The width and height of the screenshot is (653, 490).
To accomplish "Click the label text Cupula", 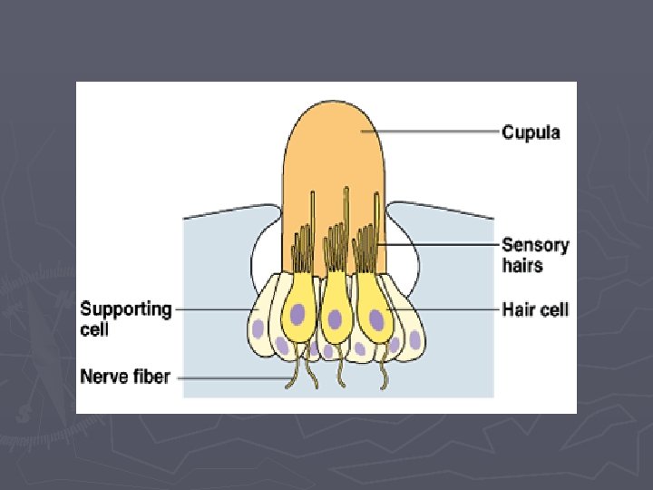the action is tap(531, 132).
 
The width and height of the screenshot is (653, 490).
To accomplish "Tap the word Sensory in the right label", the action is tap(535, 244).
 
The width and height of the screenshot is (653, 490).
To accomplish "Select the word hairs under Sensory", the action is tap(522, 265).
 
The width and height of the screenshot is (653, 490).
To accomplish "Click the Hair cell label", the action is tap(535, 309).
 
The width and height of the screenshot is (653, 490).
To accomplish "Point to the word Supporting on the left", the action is tap(126, 309).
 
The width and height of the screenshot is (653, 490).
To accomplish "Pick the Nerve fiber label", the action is tap(125, 375).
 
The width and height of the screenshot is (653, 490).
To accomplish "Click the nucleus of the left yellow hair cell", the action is tap(297, 316).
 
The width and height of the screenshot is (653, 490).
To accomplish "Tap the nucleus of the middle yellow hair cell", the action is tap(336, 318).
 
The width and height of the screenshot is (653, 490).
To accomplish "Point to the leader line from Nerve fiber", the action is tap(236, 376).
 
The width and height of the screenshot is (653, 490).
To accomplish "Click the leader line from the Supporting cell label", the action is tap(213, 309).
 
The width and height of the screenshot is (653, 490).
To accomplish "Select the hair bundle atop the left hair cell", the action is tap(300, 247).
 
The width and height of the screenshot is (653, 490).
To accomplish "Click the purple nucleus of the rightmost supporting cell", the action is tap(414, 340).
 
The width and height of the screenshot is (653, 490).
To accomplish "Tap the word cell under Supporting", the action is tap(94, 329).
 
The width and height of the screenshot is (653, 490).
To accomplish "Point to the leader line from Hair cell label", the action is tap(444, 309).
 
